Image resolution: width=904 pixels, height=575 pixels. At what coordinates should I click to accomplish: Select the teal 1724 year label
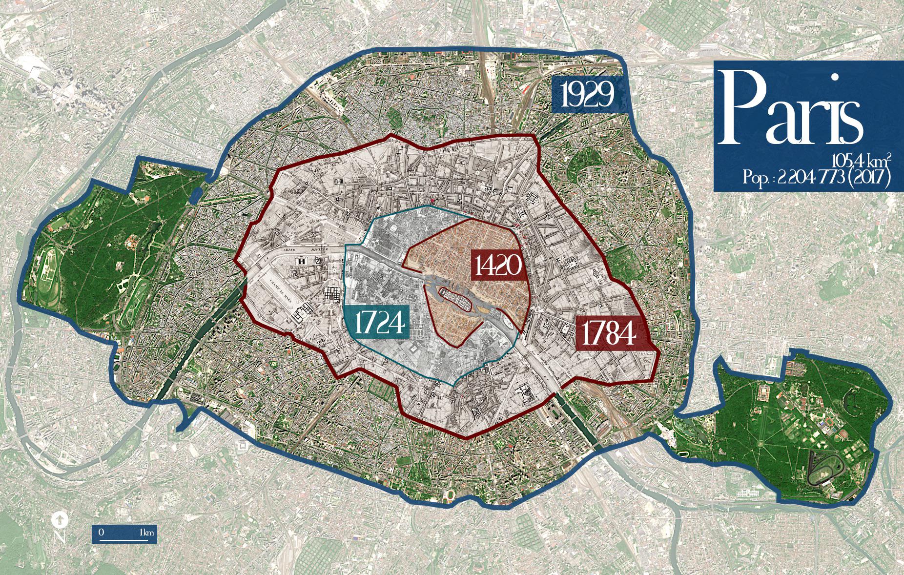point(379,323)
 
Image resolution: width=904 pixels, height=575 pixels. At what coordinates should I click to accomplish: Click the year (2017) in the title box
point(869,178)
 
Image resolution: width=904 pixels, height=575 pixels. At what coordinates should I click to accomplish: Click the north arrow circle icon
point(59,520)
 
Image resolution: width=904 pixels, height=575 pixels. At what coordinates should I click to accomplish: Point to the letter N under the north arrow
point(60,537)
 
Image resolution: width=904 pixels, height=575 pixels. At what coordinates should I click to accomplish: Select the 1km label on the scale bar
point(146,532)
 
